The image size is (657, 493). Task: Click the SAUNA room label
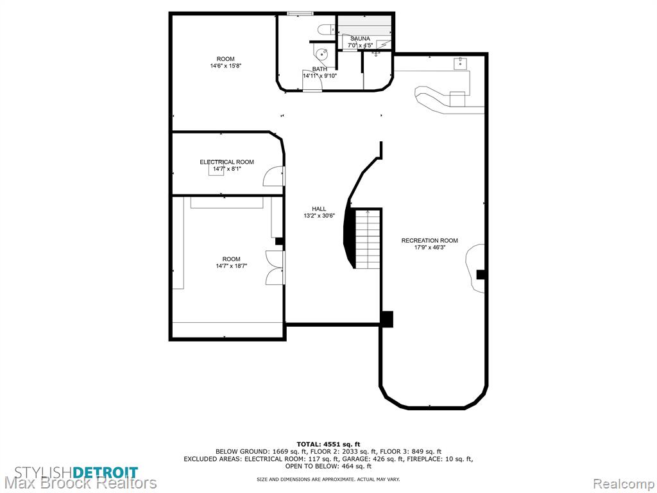360,39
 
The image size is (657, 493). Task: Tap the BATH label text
320,69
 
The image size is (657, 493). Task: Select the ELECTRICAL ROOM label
226,162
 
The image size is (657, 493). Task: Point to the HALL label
319,209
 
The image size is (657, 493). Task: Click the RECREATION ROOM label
429,241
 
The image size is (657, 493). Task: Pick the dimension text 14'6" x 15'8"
226,66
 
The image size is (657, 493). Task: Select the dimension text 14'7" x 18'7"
231,266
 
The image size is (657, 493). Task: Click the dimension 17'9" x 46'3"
429,247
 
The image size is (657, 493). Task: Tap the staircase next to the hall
368,239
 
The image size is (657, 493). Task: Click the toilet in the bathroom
325,30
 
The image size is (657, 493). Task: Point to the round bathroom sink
322,54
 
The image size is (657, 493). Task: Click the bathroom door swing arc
312,80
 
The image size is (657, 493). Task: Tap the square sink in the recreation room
461,64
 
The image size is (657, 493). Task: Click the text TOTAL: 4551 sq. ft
328,444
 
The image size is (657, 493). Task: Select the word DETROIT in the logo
105,472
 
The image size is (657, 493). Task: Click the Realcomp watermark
624,483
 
